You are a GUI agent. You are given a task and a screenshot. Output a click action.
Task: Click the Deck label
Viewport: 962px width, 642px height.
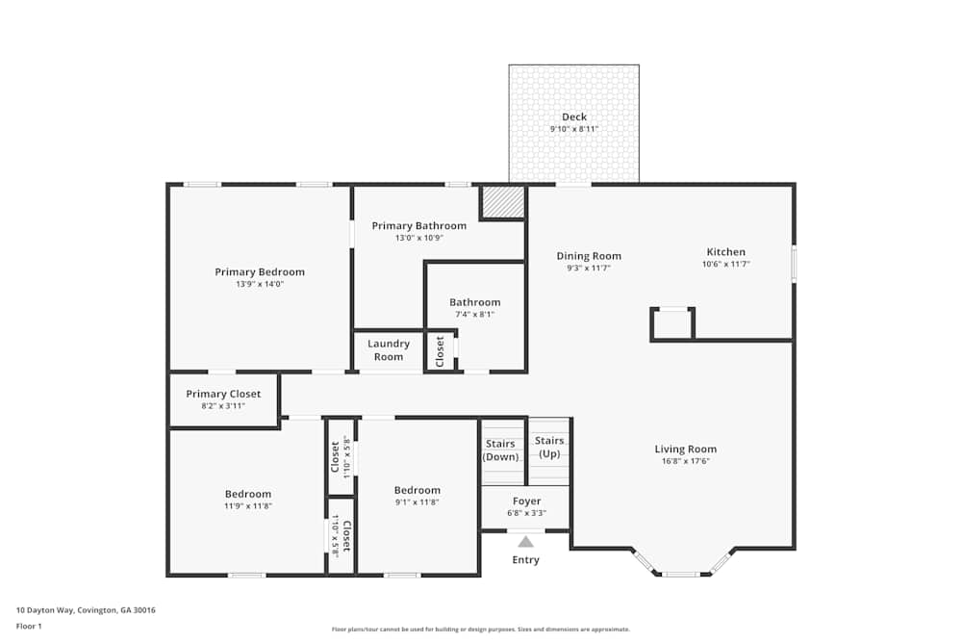(574, 117)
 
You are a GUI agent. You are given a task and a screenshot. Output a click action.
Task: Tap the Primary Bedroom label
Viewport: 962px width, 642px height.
(260, 272)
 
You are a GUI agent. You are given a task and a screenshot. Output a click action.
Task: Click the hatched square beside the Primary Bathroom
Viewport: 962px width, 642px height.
(502, 202)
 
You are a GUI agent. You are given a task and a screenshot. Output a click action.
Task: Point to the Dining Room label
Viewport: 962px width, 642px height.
(589, 256)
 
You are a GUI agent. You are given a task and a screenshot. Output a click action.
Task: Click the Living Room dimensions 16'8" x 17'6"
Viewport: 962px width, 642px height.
(685, 461)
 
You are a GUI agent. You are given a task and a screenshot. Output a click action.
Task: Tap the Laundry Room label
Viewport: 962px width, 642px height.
(389, 350)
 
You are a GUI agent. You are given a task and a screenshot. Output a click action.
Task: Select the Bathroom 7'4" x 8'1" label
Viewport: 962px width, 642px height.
(475, 302)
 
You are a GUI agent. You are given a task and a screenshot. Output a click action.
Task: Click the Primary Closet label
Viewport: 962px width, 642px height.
(223, 394)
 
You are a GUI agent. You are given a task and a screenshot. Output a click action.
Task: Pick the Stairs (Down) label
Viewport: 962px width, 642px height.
(501, 449)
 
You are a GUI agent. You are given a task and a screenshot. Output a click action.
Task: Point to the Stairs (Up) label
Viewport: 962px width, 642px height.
(549, 447)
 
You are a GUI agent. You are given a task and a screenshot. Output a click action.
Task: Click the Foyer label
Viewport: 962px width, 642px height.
(526, 501)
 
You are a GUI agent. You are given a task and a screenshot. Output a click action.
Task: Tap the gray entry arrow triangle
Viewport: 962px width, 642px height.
(525, 542)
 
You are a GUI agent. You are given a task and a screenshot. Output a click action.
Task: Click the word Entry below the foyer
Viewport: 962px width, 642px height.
(525, 560)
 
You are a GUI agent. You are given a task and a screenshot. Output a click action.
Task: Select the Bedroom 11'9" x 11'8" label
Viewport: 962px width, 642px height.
(248, 494)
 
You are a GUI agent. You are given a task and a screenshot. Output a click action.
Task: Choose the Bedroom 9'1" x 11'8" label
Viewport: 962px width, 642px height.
(417, 490)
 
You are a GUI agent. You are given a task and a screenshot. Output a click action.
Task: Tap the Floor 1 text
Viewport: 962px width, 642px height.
(29, 626)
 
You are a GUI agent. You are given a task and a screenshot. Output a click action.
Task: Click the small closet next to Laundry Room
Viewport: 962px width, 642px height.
(441, 350)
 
